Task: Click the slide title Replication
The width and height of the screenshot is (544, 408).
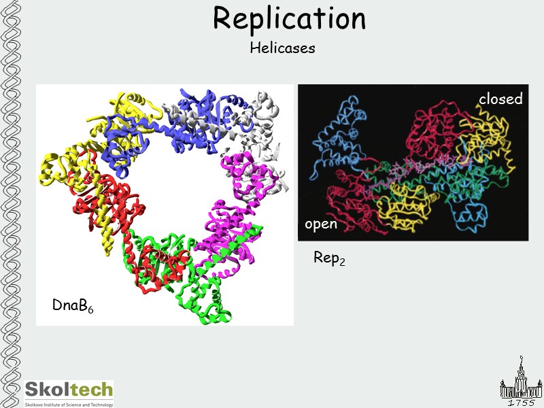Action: [289, 18]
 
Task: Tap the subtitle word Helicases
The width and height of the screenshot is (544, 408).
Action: [282, 48]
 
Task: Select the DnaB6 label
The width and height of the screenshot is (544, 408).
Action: [73, 306]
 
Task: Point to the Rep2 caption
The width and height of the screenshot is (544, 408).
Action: [329, 258]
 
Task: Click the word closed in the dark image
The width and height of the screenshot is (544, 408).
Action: [500, 99]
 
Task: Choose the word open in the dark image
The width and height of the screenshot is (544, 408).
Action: [321, 224]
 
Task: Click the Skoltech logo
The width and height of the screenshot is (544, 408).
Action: [69, 390]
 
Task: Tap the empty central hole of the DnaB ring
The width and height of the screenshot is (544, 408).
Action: [180, 184]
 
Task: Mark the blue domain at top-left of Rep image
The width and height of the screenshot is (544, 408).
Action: [337, 143]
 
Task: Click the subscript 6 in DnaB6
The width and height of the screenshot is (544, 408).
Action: [90, 310]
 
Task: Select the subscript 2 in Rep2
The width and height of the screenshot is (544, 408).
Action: [342, 262]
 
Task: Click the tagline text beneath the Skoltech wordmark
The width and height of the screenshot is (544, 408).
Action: [69, 403]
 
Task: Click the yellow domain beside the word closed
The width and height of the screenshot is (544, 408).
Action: [486, 133]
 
